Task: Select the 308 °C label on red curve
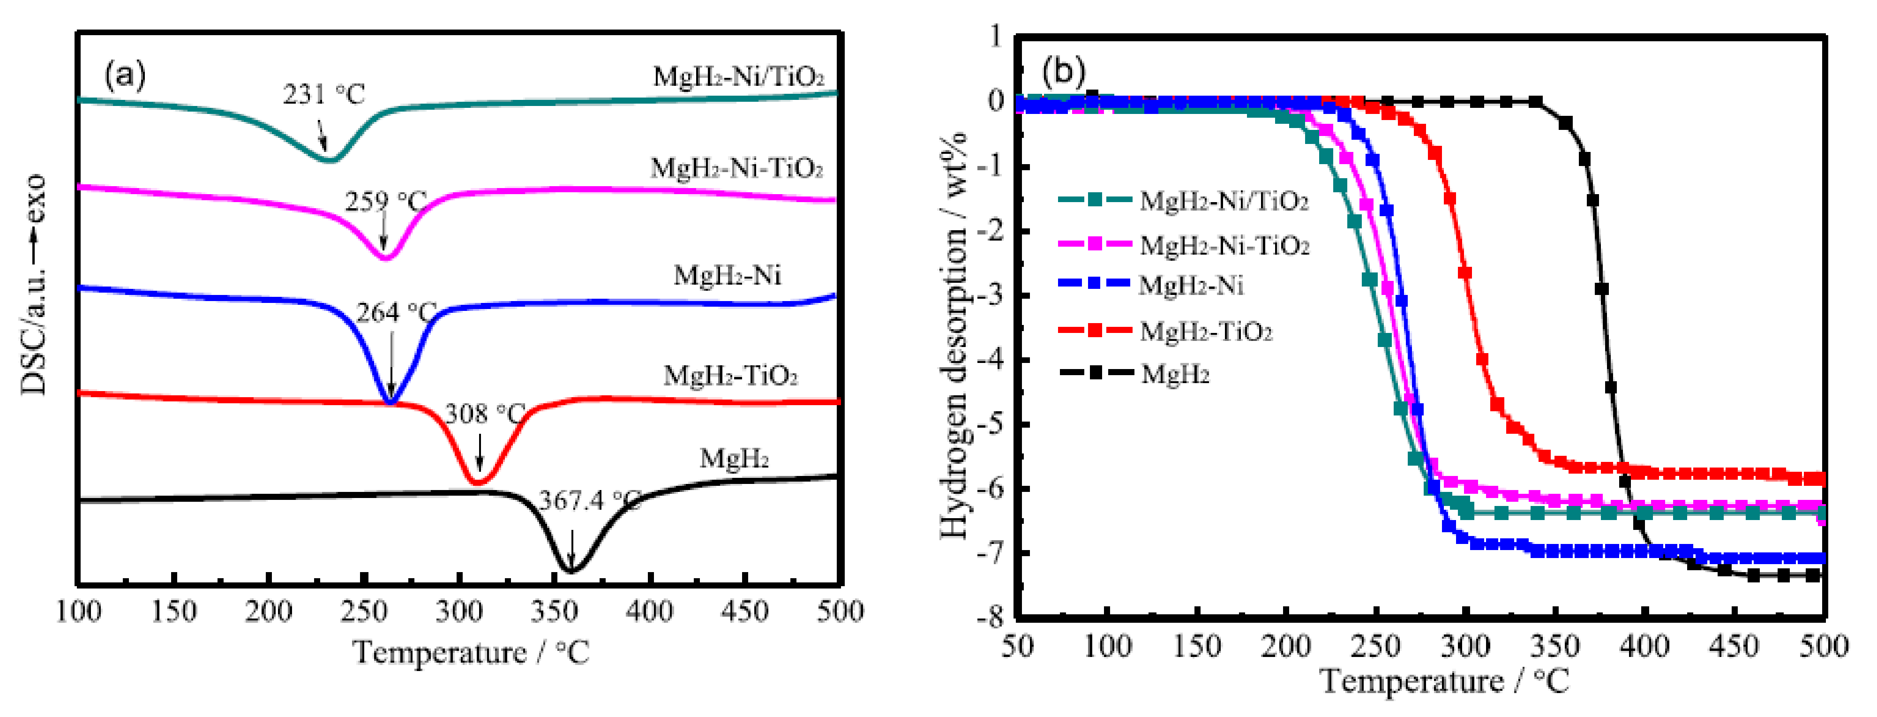pyautogui.click(x=485, y=415)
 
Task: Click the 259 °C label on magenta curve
pyautogui.click(x=385, y=202)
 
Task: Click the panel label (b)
pyautogui.click(x=1063, y=71)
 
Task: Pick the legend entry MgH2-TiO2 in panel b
pyautogui.click(x=1205, y=332)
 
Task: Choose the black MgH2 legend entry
pyautogui.click(x=1175, y=375)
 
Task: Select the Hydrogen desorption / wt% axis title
pyautogui.click(x=954, y=335)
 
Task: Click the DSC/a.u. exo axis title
pyautogui.click(x=34, y=284)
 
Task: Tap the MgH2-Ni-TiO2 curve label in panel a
pyautogui.click(x=736, y=169)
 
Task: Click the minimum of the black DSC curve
pyautogui.click(x=571, y=571)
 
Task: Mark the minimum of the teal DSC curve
pyautogui.click(x=328, y=159)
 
